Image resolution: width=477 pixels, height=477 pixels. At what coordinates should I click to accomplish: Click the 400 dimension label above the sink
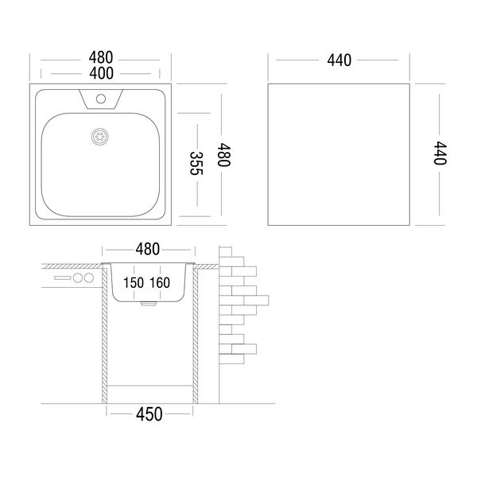point(101,73)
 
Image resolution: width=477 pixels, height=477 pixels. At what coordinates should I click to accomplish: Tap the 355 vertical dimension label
point(196,163)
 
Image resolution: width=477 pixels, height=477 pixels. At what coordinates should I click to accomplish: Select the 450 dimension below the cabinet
point(149,414)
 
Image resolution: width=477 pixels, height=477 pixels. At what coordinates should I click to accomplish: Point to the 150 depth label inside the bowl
point(134,282)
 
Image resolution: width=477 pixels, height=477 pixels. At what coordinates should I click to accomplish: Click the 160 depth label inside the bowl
point(160,282)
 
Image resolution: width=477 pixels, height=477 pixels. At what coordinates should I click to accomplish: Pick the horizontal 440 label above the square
point(339,60)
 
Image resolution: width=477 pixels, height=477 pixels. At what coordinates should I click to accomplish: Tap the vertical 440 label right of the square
point(440,153)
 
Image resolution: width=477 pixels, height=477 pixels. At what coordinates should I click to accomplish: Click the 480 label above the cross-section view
point(148,249)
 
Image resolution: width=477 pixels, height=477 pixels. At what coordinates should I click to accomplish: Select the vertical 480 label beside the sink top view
point(223,154)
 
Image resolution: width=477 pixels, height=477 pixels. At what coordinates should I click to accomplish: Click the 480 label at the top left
point(101,57)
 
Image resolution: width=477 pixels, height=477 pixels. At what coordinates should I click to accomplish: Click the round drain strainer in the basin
point(100,137)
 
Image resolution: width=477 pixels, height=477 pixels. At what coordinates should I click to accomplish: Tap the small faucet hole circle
point(101,99)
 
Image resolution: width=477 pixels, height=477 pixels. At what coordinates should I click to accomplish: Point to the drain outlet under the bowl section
point(149,304)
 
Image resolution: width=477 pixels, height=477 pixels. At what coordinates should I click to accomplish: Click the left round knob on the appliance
point(78,277)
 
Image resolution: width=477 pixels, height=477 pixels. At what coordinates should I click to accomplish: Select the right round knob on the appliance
point(89,277)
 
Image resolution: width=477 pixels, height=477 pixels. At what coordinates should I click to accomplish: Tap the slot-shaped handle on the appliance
point(63,277)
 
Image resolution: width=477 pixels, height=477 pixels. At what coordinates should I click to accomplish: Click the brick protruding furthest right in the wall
point(256,301)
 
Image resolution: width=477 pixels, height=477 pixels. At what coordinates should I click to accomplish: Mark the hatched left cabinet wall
point(104,335)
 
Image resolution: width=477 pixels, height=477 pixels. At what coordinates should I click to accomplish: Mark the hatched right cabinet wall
point(195,335)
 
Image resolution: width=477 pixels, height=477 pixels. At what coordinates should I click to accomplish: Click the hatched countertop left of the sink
point(72,266)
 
